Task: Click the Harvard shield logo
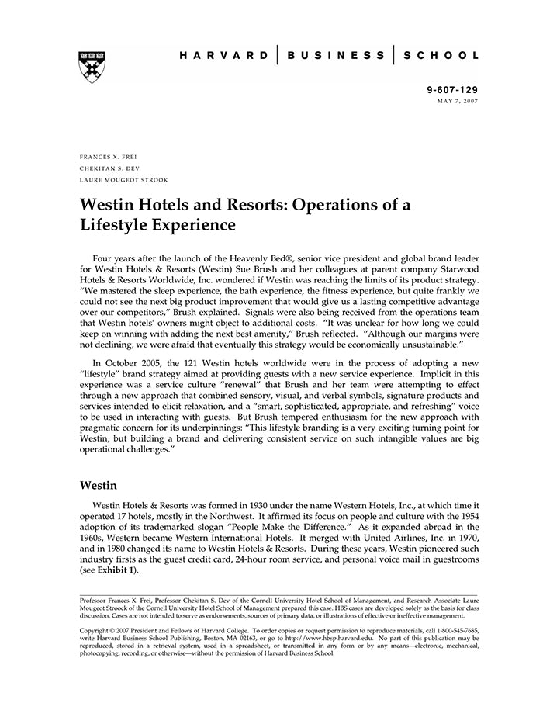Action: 92,66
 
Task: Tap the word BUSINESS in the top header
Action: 335,56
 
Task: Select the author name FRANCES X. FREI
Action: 109,157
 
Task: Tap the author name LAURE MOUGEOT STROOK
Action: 124,180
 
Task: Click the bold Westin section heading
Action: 99,486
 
